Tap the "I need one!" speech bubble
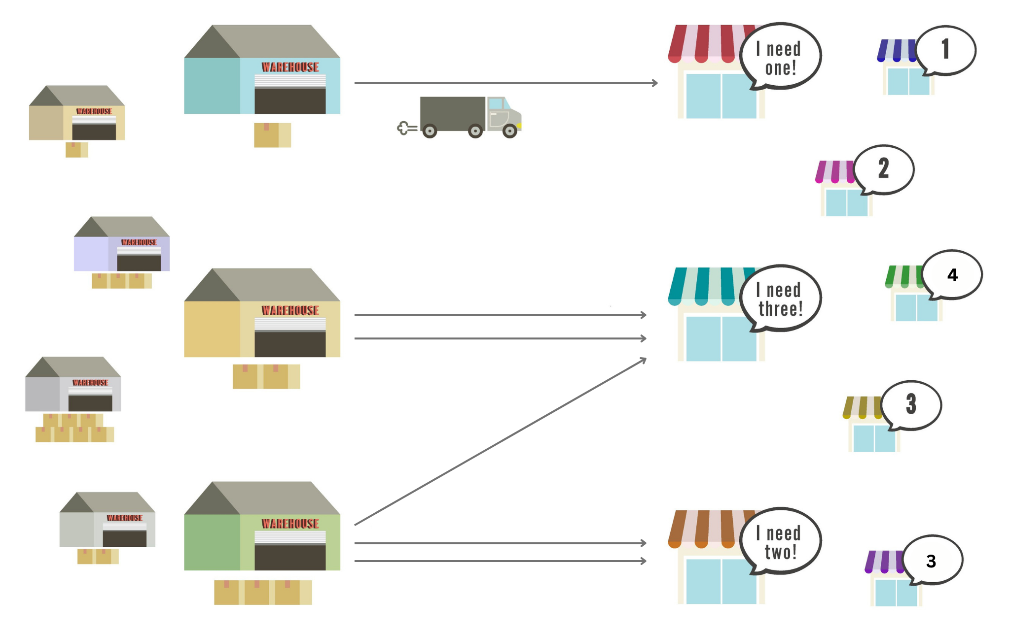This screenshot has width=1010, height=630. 780,57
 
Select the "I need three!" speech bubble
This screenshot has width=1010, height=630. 780,298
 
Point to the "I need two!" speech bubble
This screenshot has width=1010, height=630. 780,541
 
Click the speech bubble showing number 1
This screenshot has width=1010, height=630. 946,50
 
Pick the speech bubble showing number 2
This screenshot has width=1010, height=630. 884,169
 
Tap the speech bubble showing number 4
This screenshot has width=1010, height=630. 952,274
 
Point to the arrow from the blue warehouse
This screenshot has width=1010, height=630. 505,83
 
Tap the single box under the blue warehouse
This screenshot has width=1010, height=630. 272,135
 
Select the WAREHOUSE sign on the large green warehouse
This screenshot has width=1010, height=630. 290,524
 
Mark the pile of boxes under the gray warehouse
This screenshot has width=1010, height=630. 74,428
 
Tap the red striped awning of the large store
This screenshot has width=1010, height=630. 705,43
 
